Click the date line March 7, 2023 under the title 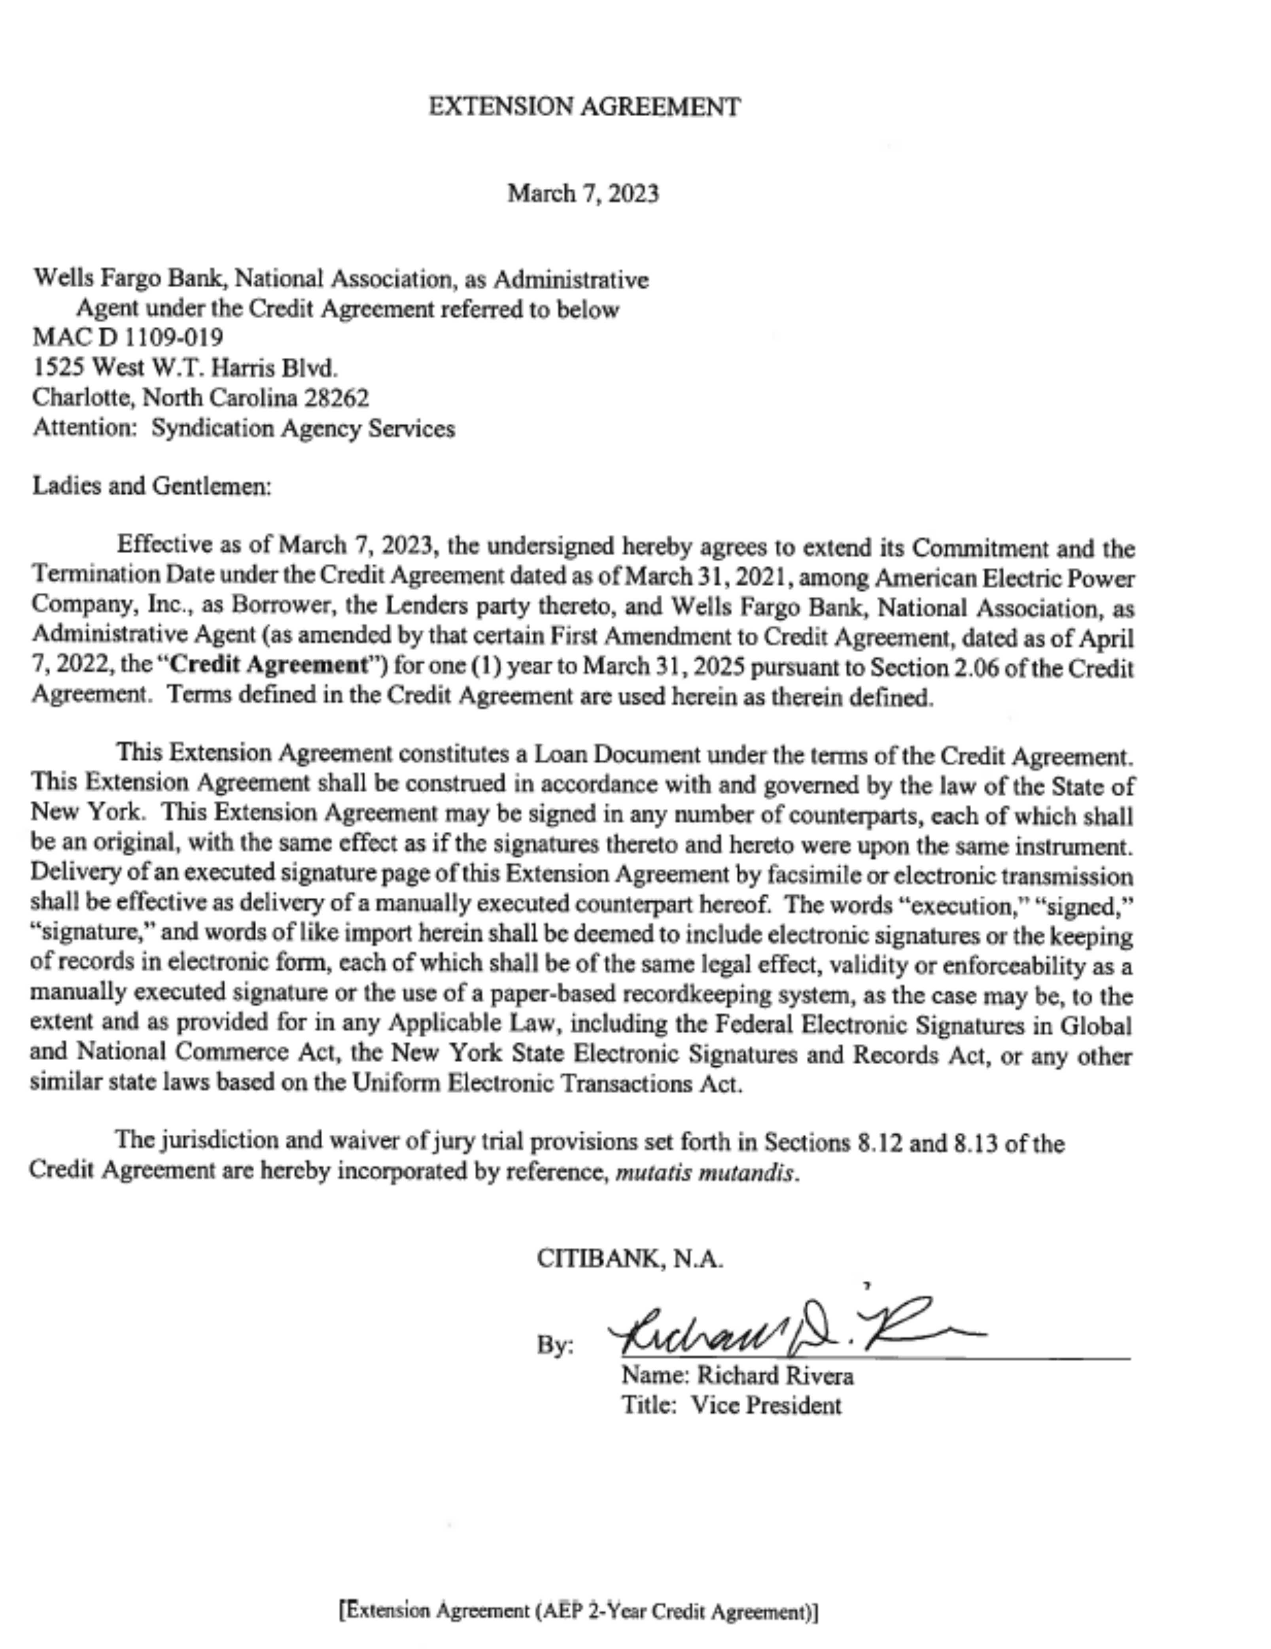coord(583,194)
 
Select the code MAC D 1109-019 coord(128,337)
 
